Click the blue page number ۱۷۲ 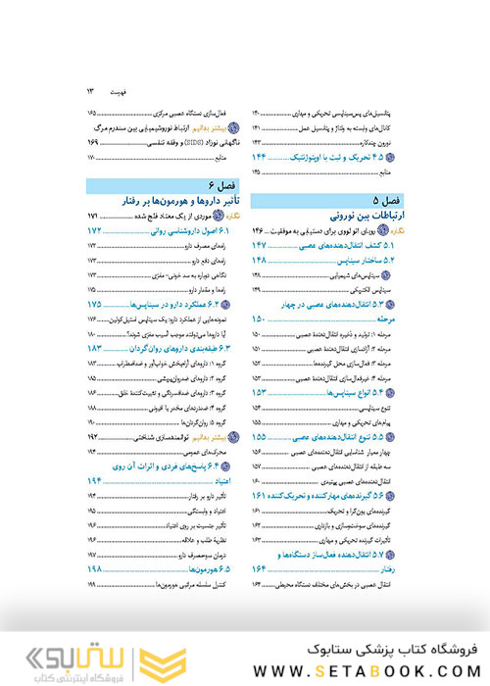tap(94, 230)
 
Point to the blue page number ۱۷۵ tap(94, 305)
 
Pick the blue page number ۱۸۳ tap(94, 349)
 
